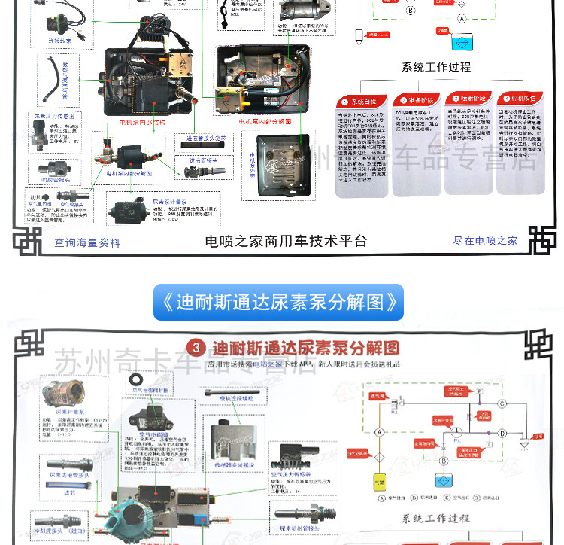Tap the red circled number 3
[x=196, y=348]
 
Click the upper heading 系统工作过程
[x=436, y=67]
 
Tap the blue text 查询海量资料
[x=86, y=242]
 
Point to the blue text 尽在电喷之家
[x=485, y=241]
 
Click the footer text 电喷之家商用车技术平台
[x=287, y=241]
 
